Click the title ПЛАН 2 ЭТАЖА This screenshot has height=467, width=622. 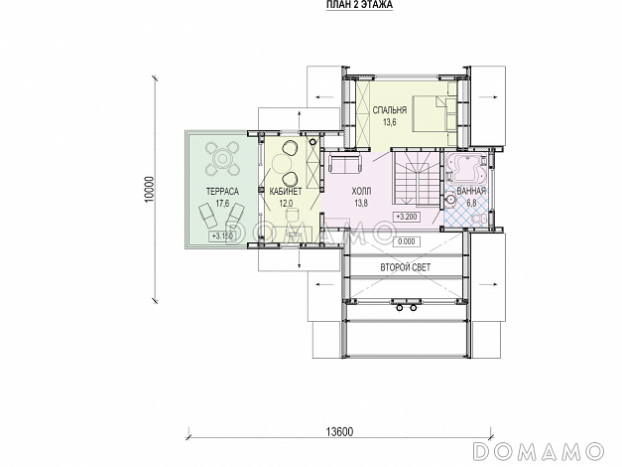(359, 5)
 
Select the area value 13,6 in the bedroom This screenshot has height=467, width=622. (390, 122)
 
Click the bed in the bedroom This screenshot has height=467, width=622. (432, 113)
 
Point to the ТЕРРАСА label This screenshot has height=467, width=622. (222, 192)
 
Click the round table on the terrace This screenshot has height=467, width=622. (222, 160)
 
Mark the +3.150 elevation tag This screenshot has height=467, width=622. (222, 235)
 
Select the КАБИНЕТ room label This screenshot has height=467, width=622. (286, 192)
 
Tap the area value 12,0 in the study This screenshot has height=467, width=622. (286, 204)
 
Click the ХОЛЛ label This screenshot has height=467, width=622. (361, 192)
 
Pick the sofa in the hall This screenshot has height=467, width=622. (345, 163)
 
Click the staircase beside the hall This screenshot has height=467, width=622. (416, 179)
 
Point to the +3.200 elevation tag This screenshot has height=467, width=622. (407, 217)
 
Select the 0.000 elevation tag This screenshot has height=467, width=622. (407, 241)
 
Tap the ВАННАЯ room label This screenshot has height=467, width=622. (471, 191)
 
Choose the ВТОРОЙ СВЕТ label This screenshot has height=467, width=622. (406, 267)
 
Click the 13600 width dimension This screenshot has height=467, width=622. (339, 431)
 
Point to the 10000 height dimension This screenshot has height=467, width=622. (149, 189)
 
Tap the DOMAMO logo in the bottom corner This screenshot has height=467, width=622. (540, 451)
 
